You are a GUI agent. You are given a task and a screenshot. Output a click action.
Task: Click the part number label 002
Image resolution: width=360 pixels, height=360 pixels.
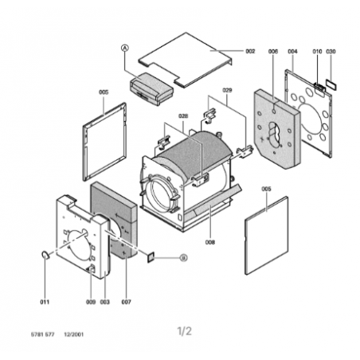coord(250,51)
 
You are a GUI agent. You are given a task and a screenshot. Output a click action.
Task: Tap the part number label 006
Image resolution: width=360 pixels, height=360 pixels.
coord(273,51)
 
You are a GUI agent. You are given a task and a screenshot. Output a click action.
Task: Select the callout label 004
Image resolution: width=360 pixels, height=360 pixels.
coord(292,51)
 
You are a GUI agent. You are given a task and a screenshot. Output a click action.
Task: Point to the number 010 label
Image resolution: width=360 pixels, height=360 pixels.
coord(317,51)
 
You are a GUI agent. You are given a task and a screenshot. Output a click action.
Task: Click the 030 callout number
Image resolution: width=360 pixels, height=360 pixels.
coord(331,51)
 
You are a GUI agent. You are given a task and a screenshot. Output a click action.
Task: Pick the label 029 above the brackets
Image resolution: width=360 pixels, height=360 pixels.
coord(227,90)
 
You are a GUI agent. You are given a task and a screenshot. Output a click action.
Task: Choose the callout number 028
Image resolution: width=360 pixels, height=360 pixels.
coord(183,116)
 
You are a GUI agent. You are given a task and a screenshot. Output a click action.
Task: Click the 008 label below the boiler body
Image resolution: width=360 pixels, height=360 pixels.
coord(210,242)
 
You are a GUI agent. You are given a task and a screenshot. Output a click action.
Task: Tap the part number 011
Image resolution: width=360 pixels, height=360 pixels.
coord(45,302)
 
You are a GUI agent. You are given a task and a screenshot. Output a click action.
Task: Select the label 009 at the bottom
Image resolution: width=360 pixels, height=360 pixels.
coord(91,302)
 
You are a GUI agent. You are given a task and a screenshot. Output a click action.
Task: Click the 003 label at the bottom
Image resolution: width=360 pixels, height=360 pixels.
coord(104,302)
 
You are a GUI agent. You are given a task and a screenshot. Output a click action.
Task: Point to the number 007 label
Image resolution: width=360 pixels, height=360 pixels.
coord(126,302)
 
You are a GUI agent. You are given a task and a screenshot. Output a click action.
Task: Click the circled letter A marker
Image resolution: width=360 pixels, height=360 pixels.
coord(125,48)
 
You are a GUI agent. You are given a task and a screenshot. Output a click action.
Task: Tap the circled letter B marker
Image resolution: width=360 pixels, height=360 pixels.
coord(183,258)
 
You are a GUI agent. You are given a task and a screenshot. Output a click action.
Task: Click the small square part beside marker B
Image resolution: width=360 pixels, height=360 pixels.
coord(151,257)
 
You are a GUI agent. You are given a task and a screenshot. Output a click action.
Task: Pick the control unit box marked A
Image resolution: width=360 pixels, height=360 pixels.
coord(151,88)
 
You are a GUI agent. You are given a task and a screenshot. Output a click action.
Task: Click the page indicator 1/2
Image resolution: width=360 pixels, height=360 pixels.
coord(184,331)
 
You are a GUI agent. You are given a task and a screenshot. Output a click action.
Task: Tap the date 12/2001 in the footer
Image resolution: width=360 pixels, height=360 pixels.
coord(73,335)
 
